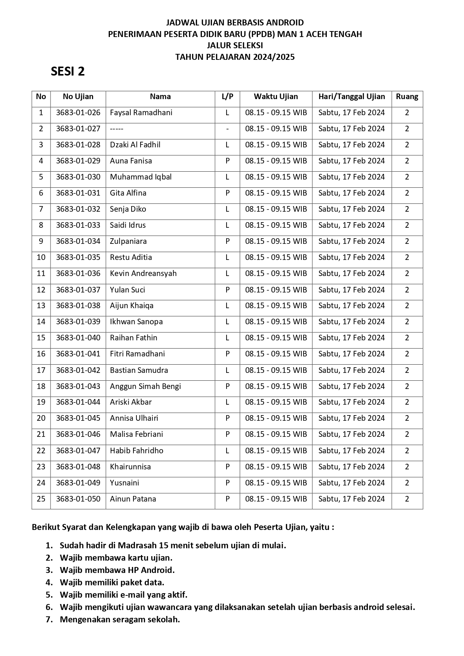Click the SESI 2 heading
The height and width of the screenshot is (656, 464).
point(68,71)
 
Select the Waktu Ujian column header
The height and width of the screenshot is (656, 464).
point(276,96)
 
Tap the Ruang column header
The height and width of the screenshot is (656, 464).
point(407,96)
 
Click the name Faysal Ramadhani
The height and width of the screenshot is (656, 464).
point(141,113)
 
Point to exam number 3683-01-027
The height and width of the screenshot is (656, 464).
point(78,129)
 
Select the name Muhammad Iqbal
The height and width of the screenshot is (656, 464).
point(141,177)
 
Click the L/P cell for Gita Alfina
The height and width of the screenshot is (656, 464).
point(227,193)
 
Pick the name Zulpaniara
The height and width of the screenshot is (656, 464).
point(128,241)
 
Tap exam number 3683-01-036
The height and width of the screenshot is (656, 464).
point(78,273)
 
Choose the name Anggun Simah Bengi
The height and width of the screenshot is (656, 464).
point(145,386)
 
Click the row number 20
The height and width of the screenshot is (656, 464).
point(41,418)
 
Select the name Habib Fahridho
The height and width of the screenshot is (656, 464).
point(136,451)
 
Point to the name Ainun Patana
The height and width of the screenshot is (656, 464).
point(133,499)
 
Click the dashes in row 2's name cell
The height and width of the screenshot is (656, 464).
point(117,129)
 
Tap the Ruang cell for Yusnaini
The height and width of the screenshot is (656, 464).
point(407,483)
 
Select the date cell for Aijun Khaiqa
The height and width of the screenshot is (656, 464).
point(351,306)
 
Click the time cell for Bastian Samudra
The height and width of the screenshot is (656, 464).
point(276,370)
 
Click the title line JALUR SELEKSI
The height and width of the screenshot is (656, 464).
point(235,45)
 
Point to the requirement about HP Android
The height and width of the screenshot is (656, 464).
point(117,570)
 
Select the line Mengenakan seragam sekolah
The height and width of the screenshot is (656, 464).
point(120,619)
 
